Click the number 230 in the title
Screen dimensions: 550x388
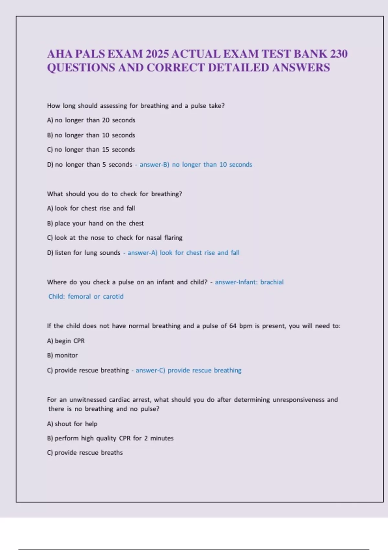coord(339,54)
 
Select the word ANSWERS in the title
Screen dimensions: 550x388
coord(301,68)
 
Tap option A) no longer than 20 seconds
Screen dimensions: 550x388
coord(91,120)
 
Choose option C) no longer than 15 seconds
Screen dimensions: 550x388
coord(91,150)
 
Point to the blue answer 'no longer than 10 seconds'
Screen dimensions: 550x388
coord(212,165)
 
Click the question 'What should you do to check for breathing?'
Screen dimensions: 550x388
coord(114,194)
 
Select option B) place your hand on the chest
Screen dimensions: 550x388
coord(95,224)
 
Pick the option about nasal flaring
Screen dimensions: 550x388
coord(115,238)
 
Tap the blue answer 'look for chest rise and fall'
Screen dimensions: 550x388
coord(199,253)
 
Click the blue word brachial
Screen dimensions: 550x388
coord(272,282)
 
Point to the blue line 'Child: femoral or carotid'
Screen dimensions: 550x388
coord(86,297)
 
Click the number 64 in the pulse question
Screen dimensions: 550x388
coord(233,326)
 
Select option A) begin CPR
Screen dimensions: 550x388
coord(66,341)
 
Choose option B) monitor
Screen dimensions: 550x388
coord(62,356)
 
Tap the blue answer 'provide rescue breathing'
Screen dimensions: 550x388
coord(204,370)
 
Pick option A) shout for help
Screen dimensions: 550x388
coord(72,424)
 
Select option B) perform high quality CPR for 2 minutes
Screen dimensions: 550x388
coord(110,438)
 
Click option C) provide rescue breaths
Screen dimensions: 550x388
coord(85,453)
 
